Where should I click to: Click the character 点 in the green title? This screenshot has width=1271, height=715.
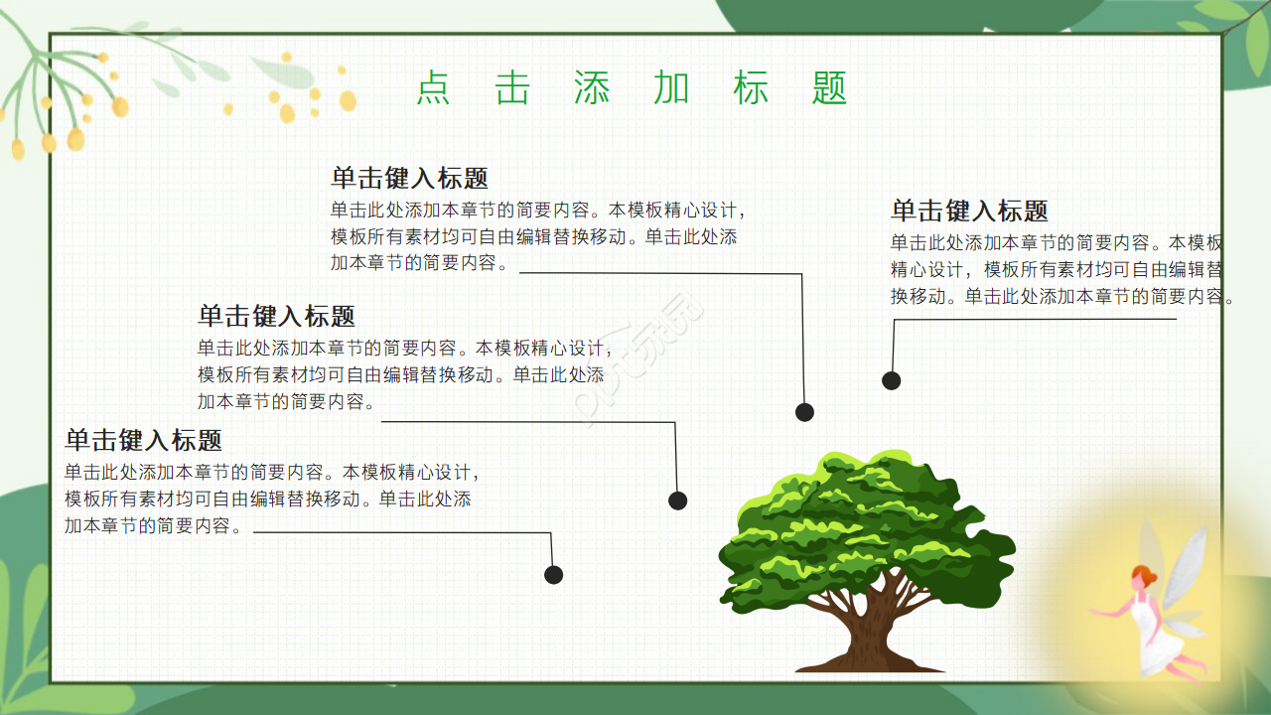pos(433,88)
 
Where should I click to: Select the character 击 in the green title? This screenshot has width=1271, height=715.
pos(512,88)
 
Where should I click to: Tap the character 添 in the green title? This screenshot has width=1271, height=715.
pos(592,88)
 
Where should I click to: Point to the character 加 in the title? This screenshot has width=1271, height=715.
pos(671,88)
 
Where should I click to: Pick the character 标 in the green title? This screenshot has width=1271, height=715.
pos(751,88)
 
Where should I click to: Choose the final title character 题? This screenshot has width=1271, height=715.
pos(829,88)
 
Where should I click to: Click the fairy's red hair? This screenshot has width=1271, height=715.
pos(1145,576)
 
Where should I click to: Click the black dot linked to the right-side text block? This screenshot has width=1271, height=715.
pos(892,380)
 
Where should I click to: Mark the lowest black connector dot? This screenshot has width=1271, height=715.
pos(554,575)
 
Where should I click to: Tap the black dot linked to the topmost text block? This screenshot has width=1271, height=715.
pos(805,412)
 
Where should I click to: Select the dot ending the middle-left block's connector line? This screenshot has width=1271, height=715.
pos(678,500)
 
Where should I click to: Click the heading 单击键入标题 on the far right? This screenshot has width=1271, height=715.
pos(969,211)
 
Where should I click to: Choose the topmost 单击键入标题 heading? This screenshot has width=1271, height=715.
pos(409,179)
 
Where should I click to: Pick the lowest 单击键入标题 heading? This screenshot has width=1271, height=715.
pos(143,440)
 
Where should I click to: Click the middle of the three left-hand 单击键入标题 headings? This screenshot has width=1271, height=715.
pos(276,317)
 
